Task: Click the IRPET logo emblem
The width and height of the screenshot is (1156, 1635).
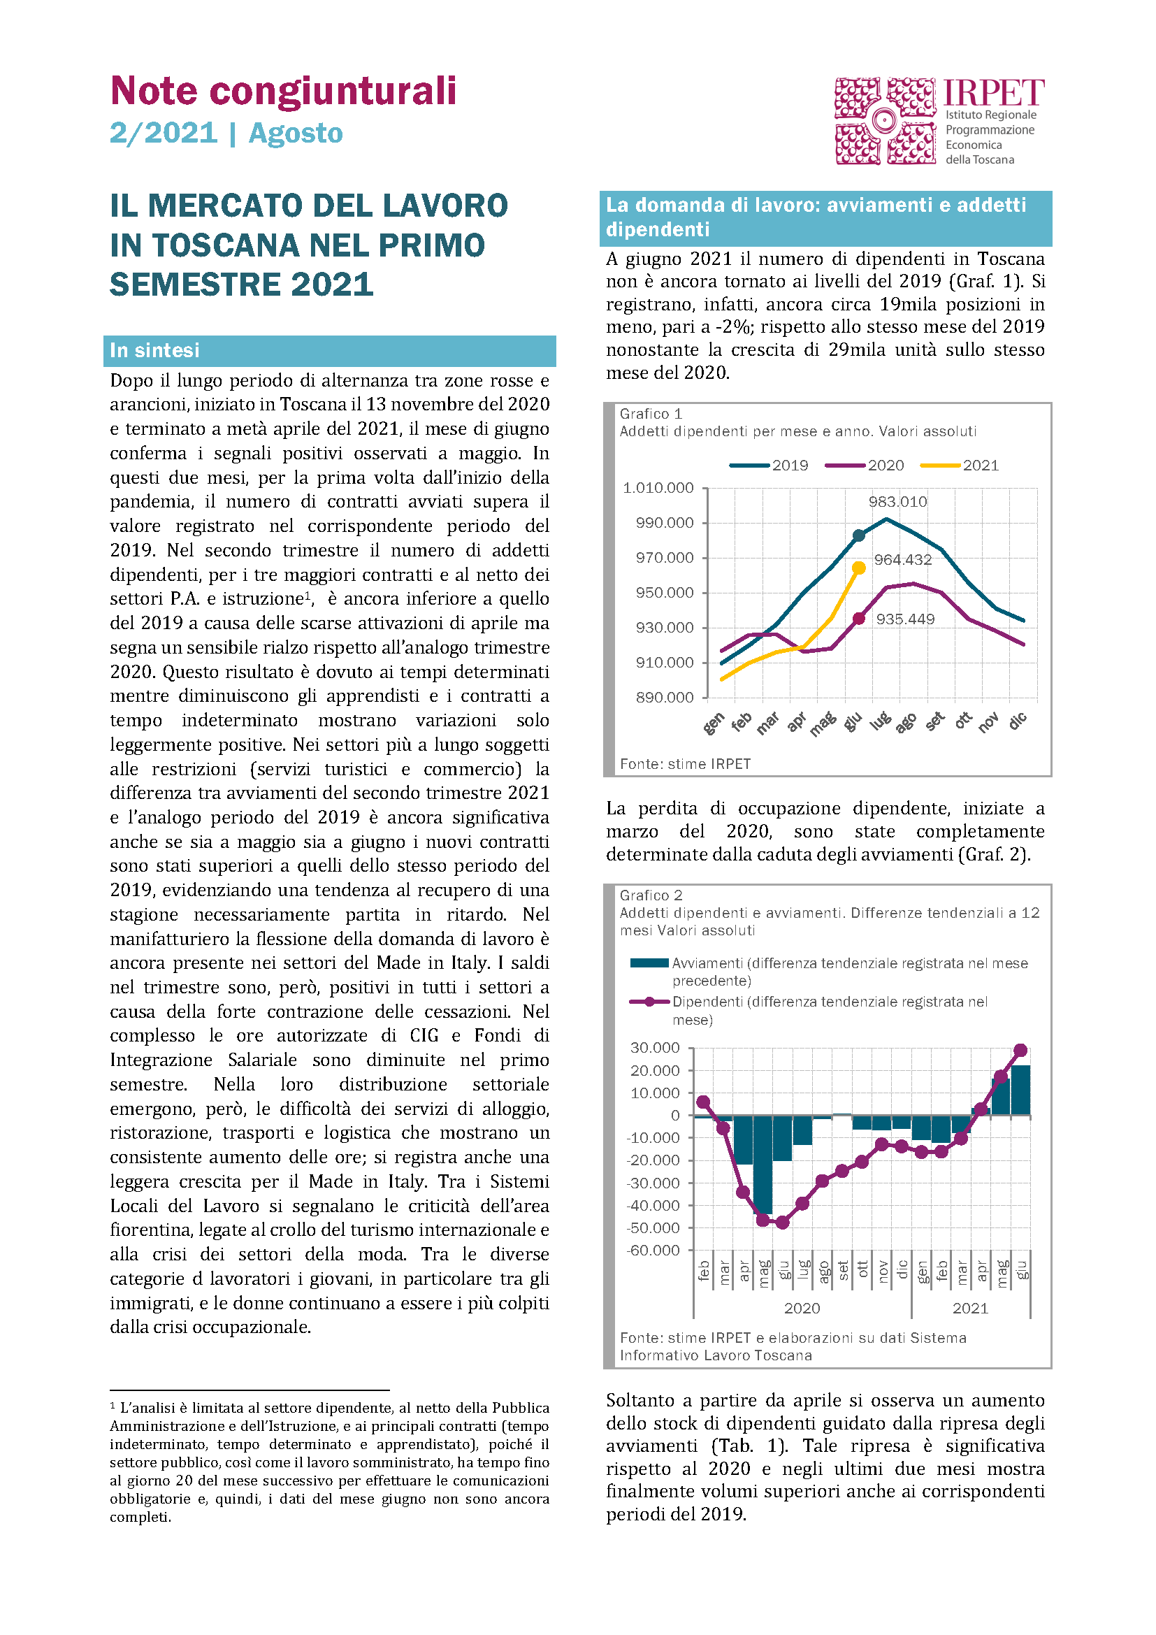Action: (885, 121)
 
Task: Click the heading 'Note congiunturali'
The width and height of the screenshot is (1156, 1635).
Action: (283, 91)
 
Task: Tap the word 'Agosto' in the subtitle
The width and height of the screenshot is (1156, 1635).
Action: (296, 134)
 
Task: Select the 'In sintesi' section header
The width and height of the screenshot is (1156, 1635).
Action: (154, 350)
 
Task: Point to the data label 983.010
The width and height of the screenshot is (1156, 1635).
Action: (897, 501)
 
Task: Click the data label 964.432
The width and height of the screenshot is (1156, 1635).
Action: (902, 560)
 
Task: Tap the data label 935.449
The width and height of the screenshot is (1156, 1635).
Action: (904, 619)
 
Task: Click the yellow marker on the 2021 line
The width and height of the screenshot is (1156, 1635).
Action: (859, 568)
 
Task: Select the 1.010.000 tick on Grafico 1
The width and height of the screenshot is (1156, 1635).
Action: (658, 488)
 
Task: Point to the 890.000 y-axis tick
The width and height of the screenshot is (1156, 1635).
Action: (664, 697)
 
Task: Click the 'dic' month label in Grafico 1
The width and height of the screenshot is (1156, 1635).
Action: (1018, 721)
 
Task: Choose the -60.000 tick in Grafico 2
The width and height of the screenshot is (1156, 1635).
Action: (653, 1251)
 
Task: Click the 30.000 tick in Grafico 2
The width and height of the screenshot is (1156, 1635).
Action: (655, 1048)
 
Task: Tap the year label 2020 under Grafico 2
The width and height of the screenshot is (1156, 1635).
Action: (802, 1308)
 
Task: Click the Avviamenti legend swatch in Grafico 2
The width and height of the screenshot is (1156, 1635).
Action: (649, 963)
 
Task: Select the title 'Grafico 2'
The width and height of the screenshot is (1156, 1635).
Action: (651, 895)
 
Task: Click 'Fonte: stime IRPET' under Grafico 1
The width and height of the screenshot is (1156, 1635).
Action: (685, 764)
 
